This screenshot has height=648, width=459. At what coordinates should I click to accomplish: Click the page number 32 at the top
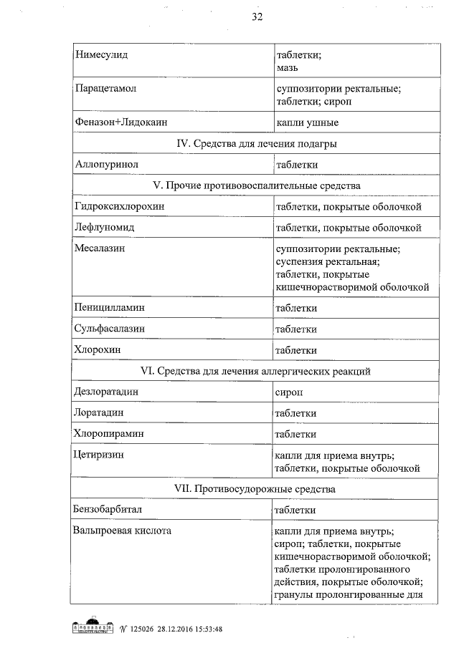257,18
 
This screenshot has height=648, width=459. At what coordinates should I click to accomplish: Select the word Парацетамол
105,89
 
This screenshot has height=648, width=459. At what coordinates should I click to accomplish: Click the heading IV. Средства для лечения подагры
257,144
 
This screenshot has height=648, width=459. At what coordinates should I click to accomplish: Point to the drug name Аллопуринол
105,165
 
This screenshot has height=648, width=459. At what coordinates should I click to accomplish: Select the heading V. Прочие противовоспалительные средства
257,185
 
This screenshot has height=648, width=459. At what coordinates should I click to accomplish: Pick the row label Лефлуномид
105,227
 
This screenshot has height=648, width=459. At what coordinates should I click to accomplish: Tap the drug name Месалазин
102,248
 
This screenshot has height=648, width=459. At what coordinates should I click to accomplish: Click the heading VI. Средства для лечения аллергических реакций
257,371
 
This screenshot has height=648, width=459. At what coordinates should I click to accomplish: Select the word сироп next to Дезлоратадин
289,392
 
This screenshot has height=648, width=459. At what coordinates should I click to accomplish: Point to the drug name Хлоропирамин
108,434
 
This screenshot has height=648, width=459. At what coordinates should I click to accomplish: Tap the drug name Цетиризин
99,455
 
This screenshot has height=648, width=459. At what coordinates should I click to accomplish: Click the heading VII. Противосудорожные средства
257,488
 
